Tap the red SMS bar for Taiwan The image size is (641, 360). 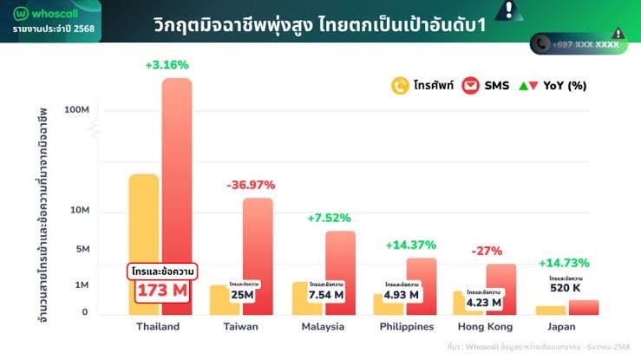click(258, 243)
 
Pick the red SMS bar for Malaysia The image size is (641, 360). click(340, 260)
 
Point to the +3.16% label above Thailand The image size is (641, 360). click(167, 64)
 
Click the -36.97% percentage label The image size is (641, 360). click(251, 185)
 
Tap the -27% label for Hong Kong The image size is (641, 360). click(487, 251)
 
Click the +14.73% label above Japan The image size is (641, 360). click(564, 263)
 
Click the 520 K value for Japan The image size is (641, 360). click(565, 287)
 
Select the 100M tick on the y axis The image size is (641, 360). click(77, 110)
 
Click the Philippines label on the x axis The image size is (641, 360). click(407, 326)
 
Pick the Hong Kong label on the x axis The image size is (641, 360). click(485, 326)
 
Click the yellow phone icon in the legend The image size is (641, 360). click(401, 86)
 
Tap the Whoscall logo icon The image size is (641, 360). click(22, 14)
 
